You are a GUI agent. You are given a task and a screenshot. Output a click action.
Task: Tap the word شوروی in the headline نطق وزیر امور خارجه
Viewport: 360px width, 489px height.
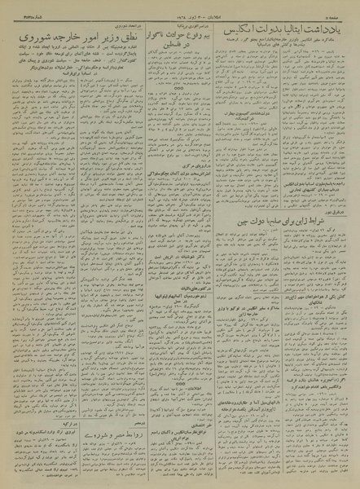pos(36,37)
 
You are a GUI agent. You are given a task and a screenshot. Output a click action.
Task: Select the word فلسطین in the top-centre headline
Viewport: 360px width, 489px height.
pos(170,47)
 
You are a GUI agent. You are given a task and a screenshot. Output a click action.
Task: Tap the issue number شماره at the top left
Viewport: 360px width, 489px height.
pos(18,8)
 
